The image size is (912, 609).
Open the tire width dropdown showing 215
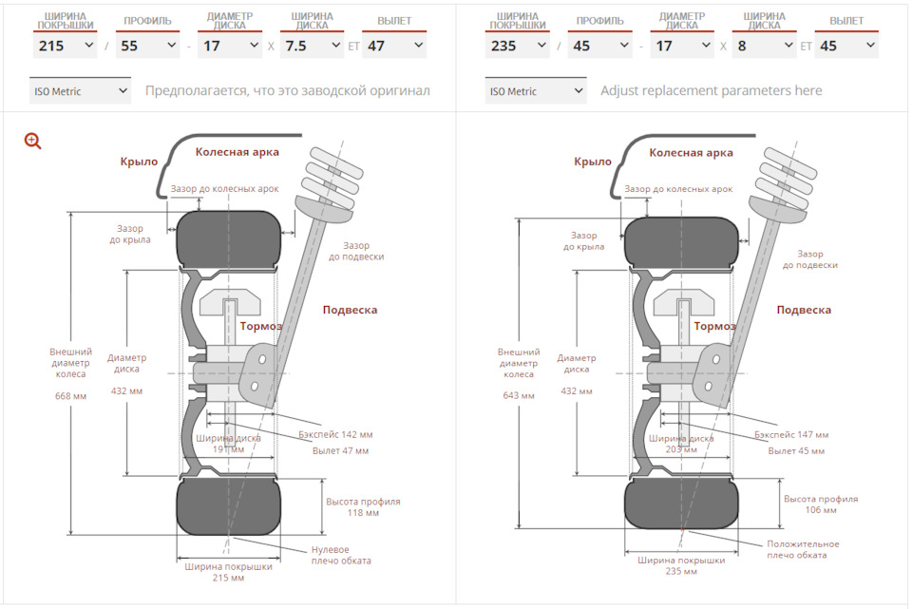coord(66,46)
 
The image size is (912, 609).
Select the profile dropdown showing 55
coord(148,46)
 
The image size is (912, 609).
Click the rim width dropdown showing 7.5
coord(313,46)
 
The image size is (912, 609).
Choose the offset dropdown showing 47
coord(394,46)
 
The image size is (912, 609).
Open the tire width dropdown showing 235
coord(518,46)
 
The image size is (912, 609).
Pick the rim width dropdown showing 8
coord(764,46)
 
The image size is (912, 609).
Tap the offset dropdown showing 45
coord(846,46)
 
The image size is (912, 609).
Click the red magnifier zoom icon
coord(32,141)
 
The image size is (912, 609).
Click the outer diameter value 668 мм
coord(70,396)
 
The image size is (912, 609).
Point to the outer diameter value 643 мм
coord(519,395)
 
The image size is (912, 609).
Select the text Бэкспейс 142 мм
coord(335,434)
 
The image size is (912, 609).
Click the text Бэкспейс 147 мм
coord(791,434)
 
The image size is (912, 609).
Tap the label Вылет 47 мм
coord(340,450)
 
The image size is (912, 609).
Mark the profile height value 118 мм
coord(363,513)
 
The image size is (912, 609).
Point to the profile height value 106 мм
coord(821,510)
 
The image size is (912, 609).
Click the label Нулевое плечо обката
coord(341,555)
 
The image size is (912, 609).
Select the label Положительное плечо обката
coord(803,550)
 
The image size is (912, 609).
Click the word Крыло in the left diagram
coord(139,162)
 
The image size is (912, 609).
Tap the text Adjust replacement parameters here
coord(712,91)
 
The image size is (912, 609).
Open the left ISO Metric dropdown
coord(80,91)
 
